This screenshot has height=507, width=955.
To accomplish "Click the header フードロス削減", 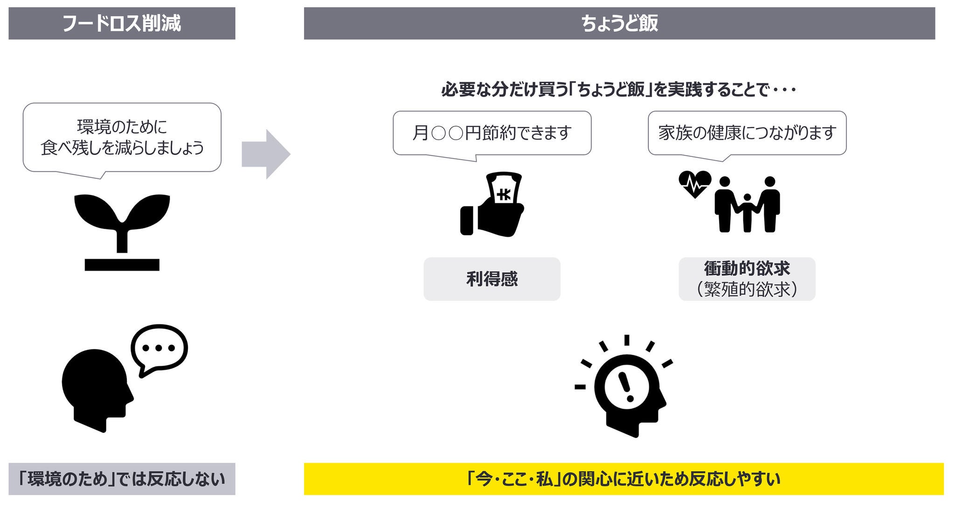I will click(121, 23).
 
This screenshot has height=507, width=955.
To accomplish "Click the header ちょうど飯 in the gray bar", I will click(619, 23).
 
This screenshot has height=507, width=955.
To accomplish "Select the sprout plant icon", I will click(122, 229).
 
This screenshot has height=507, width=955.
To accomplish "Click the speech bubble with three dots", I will click(159, 348).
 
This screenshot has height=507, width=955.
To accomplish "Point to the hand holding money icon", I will click(492, 205).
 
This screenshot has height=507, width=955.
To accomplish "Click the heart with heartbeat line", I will click(695, 184).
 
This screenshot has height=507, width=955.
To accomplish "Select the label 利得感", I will click(492, 279).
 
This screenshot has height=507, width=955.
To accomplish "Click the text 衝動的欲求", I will click(747, 268).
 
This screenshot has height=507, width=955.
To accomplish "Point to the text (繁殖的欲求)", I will click(747, 289).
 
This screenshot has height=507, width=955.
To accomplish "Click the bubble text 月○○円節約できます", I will click(492, 133).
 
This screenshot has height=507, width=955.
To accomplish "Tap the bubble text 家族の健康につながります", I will click(747, 133).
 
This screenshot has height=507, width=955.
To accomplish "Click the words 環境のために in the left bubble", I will click(122, 127).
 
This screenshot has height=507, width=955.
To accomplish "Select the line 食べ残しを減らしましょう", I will click(122, 148).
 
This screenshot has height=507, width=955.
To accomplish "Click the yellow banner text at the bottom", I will click(623, 479).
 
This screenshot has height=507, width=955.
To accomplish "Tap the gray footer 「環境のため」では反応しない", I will click(122, 479).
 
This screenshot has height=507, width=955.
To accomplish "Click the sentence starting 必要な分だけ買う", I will click(618, 90).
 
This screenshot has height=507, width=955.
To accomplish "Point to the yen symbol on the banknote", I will click(504, 195).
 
